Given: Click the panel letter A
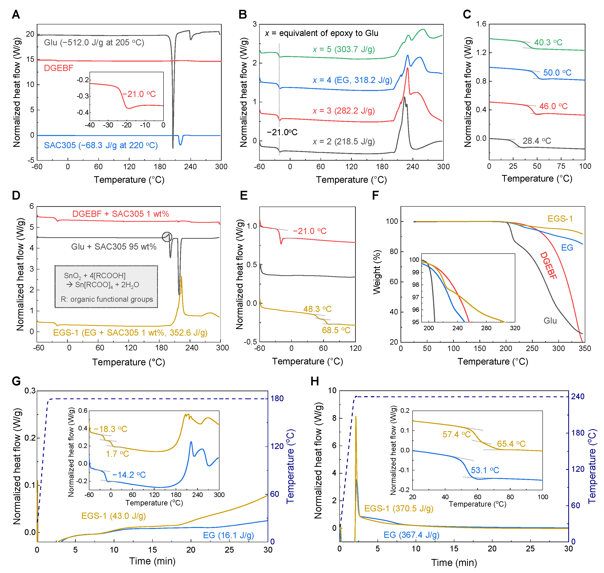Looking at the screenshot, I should tap(16, 14).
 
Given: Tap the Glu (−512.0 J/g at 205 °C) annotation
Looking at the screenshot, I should tap(94, 42).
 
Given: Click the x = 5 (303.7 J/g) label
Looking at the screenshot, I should tap(344, 49).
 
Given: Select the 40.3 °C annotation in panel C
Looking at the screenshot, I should tap(548, 42).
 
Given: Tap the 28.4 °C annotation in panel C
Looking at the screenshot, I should tap(537, 141).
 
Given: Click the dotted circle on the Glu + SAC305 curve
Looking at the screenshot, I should tap(167, 237).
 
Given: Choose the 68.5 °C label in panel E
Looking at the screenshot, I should tap(336, 330).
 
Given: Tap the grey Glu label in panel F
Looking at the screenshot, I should tap(550, 321).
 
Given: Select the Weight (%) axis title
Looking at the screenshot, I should tap(377, 272).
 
